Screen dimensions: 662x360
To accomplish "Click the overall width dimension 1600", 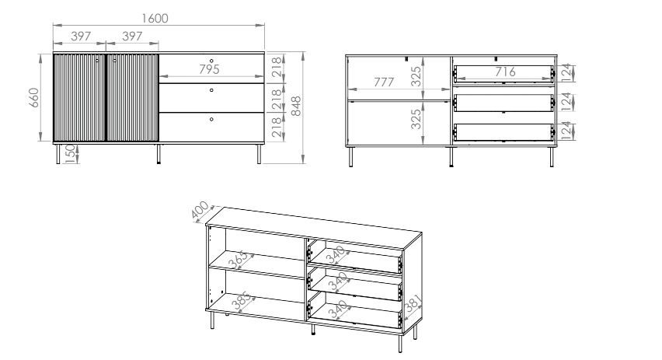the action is tap(155, 19).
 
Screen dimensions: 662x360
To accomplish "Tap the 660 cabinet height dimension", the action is tap(34, 98).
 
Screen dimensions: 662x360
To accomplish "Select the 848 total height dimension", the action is tap(296, 106).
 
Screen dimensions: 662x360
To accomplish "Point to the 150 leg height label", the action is tap(71, 152).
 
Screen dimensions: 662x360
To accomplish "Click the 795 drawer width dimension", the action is tap(209, 69).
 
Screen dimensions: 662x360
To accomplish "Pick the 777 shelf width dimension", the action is tap(384, 82).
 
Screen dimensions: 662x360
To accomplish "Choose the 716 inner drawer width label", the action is tap(505, 72).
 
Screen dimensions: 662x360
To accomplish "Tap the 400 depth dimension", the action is tap(200, 211).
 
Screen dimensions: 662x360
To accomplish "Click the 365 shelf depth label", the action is tap(239, 260).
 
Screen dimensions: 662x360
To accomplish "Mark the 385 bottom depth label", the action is tap(242, 300).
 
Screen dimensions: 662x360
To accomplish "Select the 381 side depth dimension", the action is tap(413, 304).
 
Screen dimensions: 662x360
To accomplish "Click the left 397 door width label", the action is tap(81, 37).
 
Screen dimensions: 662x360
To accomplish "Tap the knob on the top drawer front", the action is tap(211, 61).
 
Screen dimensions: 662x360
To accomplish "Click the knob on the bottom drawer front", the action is tap(211, 120).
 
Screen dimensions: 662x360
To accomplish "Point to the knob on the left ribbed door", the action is tap(97, 61).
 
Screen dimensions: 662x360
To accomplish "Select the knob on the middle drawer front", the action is tap(211, 90).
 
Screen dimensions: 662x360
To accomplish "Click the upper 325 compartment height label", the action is tap(416, 76).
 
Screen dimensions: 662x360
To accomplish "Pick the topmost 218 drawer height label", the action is tap(276, 67).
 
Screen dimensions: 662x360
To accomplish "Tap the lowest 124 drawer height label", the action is tap(566, 131).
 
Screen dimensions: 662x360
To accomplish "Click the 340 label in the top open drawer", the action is tap(336, 256).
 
